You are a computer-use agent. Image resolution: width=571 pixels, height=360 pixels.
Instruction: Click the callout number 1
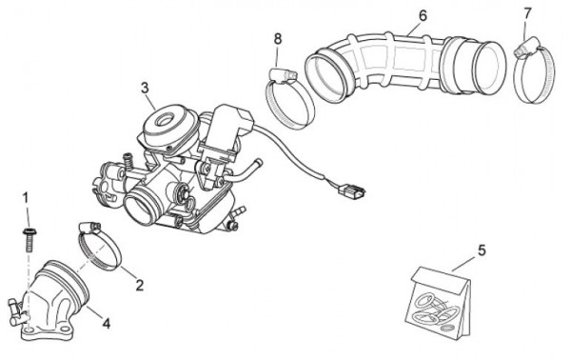click(26, 199)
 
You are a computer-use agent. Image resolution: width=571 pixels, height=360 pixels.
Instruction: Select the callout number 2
click(140, 285)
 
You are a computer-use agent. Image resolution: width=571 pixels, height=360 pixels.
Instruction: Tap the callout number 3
click(145, 89)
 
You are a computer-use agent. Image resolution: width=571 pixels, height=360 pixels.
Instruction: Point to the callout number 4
click(106, 323)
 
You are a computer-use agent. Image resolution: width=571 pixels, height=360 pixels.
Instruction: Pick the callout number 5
click(482, 250)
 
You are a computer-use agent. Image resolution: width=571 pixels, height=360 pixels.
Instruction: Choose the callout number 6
click(423, 16)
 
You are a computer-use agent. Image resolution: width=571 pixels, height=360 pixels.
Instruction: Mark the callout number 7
click(527, 14)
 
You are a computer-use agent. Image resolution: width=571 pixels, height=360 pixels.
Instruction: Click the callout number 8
click(278, 39)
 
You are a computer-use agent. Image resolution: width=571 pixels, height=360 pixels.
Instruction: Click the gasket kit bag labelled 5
click(438, 301)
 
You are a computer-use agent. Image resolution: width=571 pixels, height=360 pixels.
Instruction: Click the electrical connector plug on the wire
click(351, 190)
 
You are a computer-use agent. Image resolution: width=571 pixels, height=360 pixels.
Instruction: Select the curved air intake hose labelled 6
click(404, 66)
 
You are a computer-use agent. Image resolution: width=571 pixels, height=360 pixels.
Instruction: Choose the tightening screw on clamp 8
click(284, 75)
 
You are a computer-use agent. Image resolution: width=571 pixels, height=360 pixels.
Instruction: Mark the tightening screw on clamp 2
click(89, 228)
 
